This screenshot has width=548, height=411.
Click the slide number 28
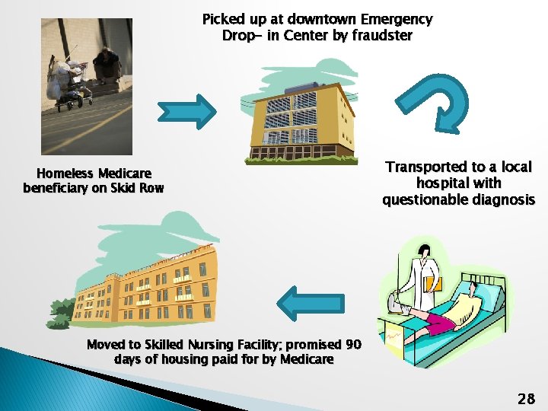(x=526, y=398)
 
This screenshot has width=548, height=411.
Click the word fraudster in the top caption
(x=382, y=35)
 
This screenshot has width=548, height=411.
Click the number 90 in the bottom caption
(x=353, y=344)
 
